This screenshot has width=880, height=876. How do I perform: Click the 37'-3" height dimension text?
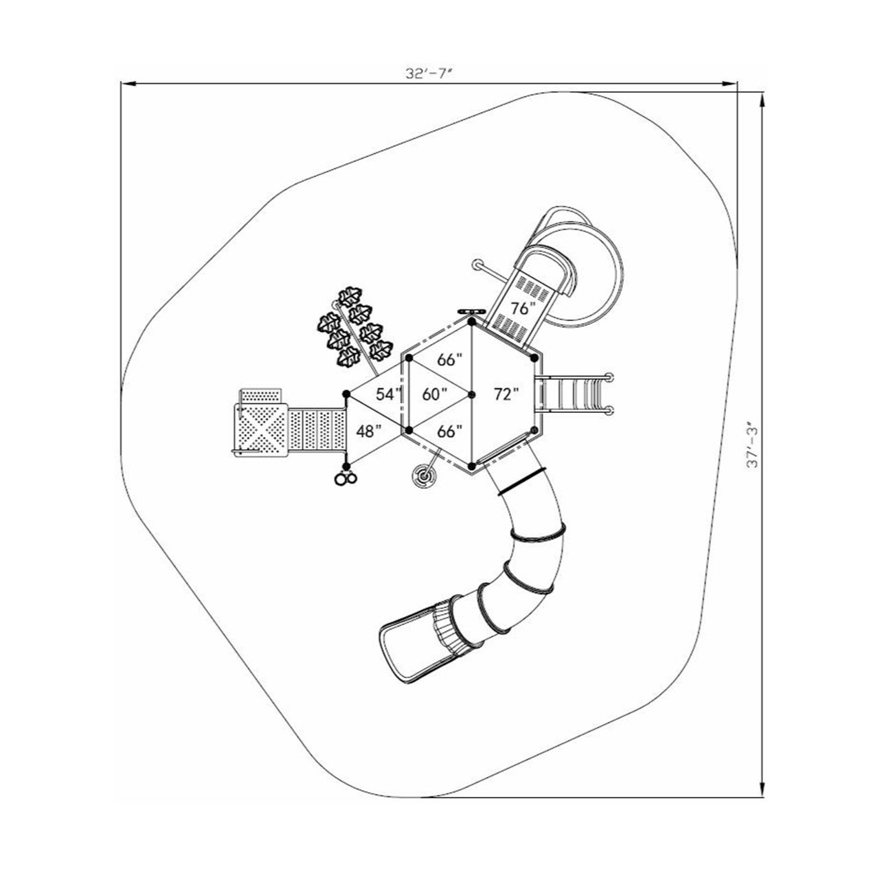pos(753,445)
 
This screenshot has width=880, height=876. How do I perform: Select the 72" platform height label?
pos(506,394)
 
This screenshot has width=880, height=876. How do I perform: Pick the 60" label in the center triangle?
pos(434,394)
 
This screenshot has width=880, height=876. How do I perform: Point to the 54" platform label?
pos(388,394)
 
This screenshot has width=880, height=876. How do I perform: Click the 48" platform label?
pos(369,431)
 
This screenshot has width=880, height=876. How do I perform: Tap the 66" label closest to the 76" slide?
pos(450,359)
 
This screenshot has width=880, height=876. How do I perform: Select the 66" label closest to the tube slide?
pos(450,431)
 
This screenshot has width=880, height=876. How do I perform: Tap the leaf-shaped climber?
pos(354,327)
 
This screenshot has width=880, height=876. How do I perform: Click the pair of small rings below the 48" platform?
pos(345,479)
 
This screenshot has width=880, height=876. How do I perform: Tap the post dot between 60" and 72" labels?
pos(472,394)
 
